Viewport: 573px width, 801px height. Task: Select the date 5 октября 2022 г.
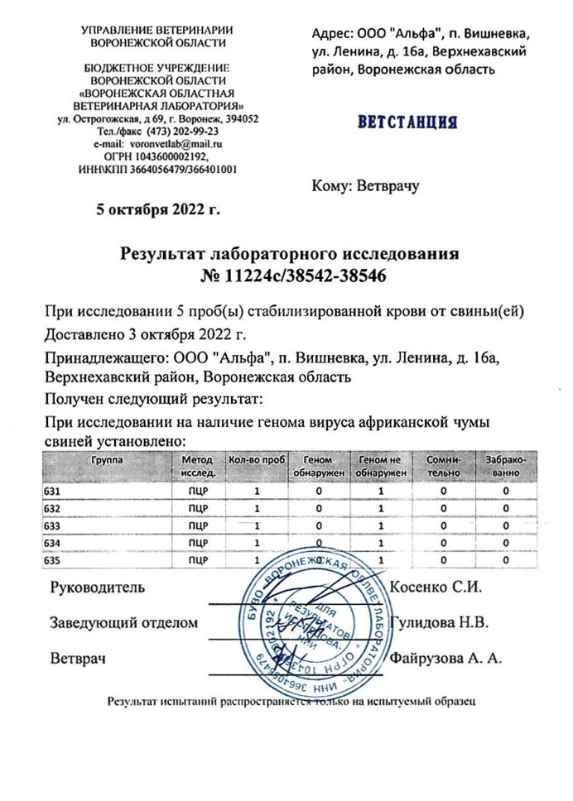[158, 209]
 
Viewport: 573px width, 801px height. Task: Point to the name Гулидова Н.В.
[439, 622]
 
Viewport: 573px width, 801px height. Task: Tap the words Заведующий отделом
[124, 622]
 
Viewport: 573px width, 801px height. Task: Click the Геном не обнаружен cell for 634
[381, 543]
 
